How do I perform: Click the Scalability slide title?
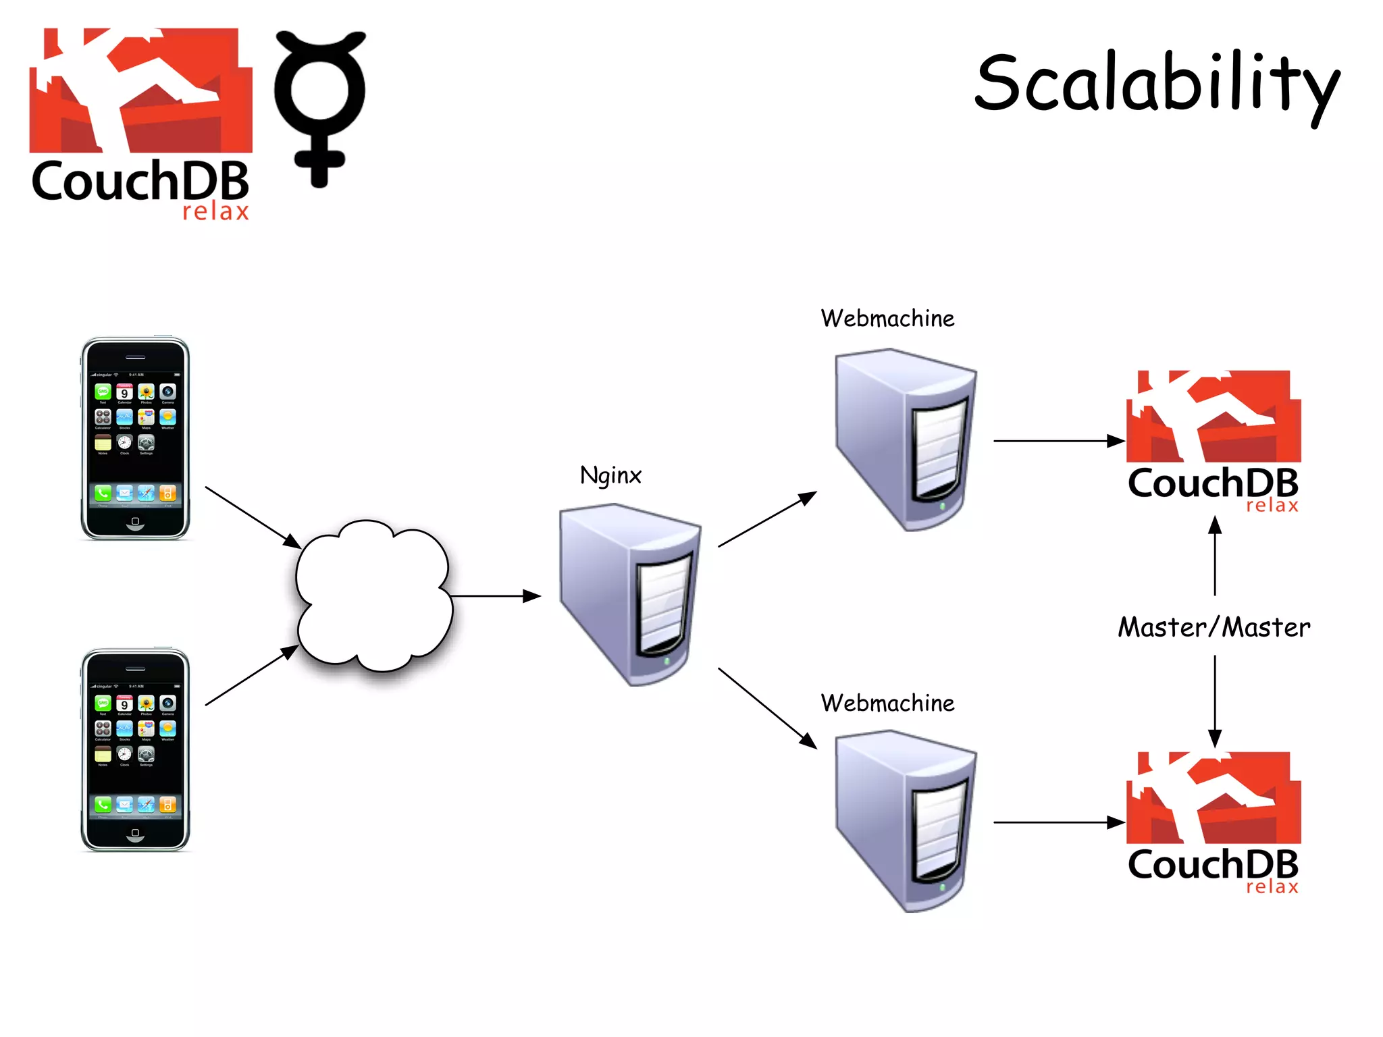(x=1156, y=84)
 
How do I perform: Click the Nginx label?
(x=610, y=475)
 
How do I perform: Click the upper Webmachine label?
(x=887, y=319)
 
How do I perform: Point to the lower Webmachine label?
(x=887, y=703)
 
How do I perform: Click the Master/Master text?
(x=1214, y=627)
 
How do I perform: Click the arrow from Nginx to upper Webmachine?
(x=767, y=519)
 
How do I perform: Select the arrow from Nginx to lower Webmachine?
(x=767, y=708)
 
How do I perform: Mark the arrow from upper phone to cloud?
(x=253, y=517)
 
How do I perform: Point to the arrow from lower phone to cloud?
(x=251, y=675)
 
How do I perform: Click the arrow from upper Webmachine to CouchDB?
(x=1058, y=441)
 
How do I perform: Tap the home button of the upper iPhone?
(x=135, y=522)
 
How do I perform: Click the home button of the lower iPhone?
(x=135, y=833)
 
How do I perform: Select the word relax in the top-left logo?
(x=215, y=212)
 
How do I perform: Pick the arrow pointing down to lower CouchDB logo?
(x=1215, y=702)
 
